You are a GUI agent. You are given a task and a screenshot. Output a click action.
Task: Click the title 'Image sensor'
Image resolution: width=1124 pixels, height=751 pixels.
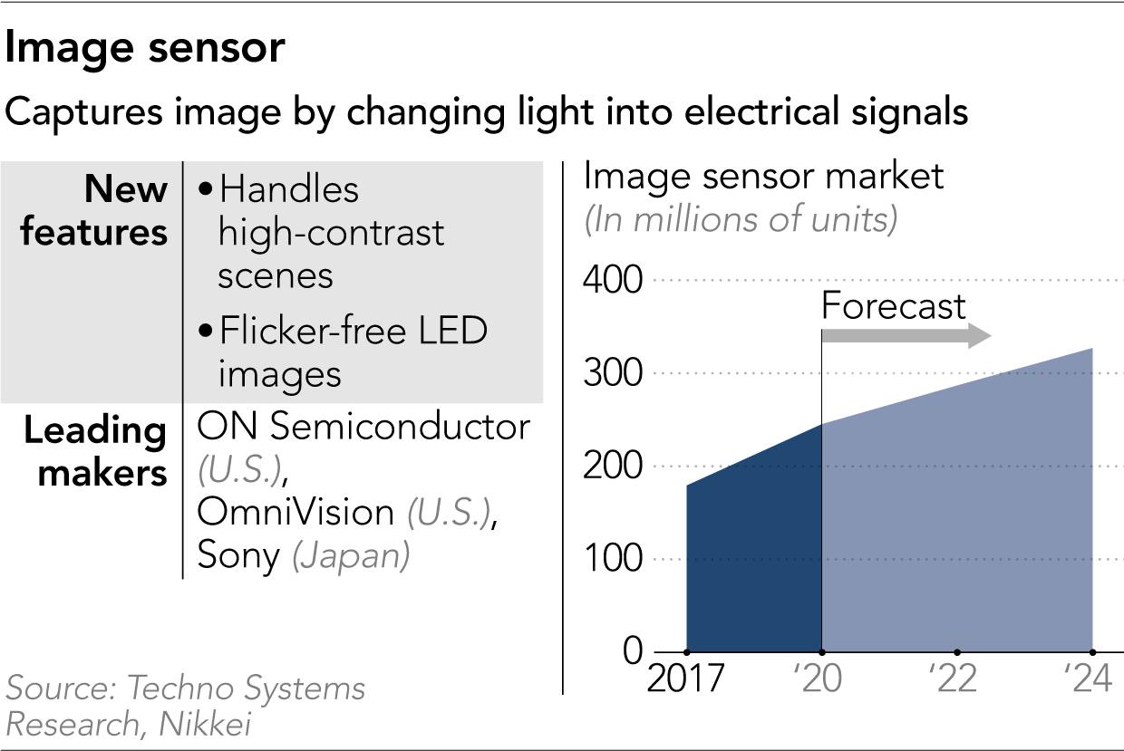pos(145,49)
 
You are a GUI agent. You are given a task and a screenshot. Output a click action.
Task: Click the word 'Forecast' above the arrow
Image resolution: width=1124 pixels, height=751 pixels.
pos(893,307)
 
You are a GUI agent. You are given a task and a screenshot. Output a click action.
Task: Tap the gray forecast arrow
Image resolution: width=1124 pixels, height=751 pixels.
pos(906,337)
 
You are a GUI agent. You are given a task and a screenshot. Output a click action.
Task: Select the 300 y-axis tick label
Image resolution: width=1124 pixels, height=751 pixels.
pos(612,373)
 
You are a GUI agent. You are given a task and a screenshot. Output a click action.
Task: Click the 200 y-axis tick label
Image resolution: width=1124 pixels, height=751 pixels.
pos(612,467)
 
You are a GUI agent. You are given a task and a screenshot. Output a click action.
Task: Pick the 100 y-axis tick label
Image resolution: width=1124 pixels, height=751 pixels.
pos(612,559)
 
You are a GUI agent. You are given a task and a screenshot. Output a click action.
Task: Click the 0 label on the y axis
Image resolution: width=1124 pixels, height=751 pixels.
pos(633,651)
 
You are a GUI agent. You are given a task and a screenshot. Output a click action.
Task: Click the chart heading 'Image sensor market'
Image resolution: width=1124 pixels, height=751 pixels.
pos(763,176)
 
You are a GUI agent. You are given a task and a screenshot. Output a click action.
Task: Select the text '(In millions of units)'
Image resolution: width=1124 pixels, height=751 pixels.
pos(741,220)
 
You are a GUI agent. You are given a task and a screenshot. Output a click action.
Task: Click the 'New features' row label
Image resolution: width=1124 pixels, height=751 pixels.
pos(94,211)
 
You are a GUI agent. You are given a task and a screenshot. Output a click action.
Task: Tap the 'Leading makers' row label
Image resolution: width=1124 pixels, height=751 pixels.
pos(94,451)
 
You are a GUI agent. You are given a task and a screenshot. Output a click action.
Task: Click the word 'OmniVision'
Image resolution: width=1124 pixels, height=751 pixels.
pos(296,513)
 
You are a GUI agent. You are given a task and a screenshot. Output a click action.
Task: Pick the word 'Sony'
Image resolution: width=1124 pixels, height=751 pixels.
pos(238,554)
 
